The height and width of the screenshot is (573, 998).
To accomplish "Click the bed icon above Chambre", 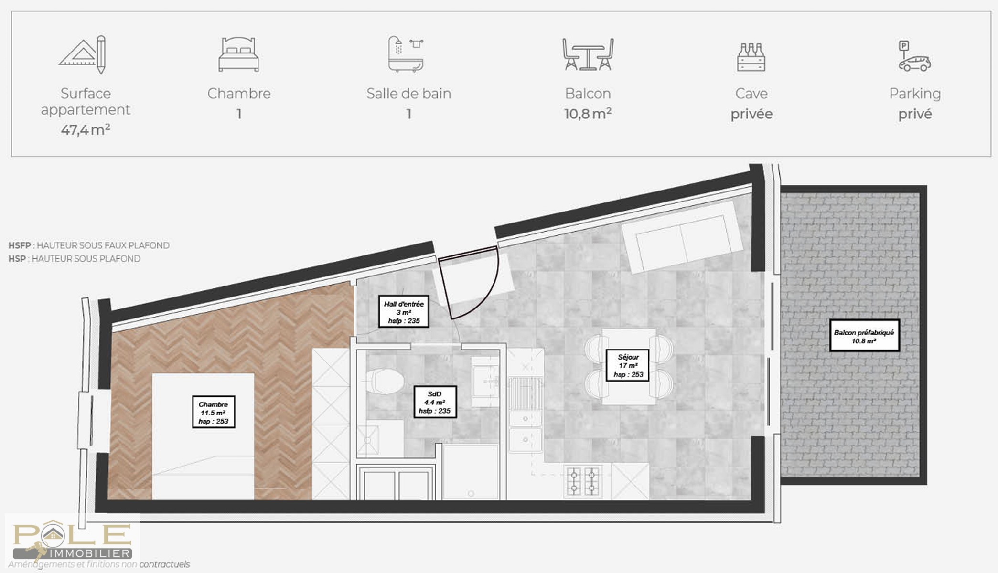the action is tap(239, 54).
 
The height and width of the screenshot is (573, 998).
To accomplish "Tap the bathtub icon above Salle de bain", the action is tap(406, 54).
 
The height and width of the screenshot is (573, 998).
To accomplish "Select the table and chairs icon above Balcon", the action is tap(588, 54).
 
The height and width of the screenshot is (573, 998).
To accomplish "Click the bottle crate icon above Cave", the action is tap(751, 57).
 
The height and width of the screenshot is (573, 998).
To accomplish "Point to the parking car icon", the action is tap(914, 56).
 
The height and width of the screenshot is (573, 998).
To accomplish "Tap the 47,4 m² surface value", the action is tap(86, 130).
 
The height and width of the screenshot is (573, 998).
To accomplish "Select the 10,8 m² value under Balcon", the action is tap(588, 114).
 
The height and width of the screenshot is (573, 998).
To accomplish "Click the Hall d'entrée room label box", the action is tap(404, 312).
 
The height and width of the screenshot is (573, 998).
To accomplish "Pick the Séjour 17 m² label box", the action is tap(628, 365).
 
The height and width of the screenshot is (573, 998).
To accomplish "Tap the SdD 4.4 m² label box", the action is tap(435, 402).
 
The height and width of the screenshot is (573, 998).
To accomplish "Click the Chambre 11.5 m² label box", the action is tap(214, 412).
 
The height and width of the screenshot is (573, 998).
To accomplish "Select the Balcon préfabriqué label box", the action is tap(864, 336).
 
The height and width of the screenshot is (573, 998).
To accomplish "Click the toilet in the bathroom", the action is tap(385, 381).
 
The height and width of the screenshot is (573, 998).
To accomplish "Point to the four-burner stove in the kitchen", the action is tap(583, 481).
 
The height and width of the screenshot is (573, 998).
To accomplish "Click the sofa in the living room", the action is tap(682, 237).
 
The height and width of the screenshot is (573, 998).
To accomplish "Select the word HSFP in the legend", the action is tap(20, 245).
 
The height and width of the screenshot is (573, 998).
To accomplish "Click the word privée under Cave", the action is tap(751, 115).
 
